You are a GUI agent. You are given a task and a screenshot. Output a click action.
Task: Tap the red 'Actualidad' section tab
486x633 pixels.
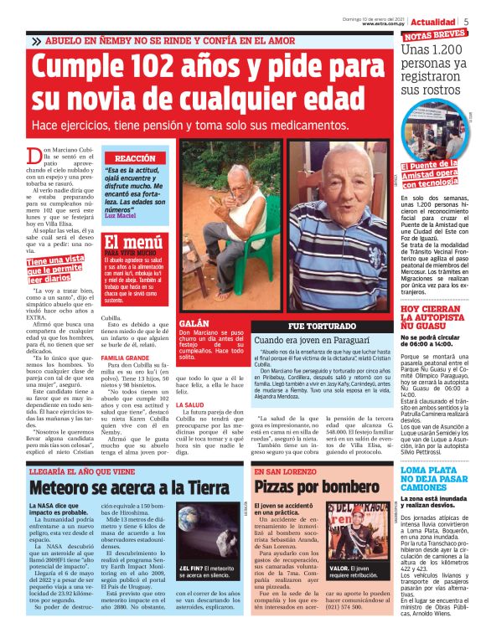432,21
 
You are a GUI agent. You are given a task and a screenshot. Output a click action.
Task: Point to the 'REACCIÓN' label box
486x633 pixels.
134,158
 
